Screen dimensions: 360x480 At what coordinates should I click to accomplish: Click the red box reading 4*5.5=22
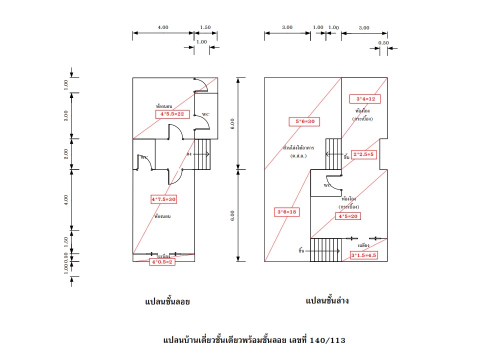[x=172, y=114]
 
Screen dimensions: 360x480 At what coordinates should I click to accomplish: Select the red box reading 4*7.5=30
[x=164, y=199]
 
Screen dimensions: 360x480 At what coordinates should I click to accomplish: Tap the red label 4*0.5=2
[x=162, y=261]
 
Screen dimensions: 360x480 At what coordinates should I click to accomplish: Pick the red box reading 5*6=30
[x=304, y=121]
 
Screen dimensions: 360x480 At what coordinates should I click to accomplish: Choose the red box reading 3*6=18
[x=287, y=212]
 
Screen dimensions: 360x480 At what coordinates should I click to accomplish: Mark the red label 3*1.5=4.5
[x=363, y=255]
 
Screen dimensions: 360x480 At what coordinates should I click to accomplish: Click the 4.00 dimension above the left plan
[x=163, y=27]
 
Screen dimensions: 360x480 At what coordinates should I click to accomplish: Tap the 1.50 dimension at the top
[x=205, y=27]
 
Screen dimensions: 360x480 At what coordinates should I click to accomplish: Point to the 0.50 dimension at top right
[x=383, y=42]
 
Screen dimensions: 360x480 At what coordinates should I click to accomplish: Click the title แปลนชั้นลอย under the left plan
[x=167, y=301]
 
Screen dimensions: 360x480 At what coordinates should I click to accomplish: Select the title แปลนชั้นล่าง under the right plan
[x=327, y=301]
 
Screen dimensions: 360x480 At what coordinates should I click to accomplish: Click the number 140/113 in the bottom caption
[x=327, y=340]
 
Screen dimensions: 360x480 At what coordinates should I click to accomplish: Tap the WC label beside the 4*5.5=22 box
[x=205, y=114]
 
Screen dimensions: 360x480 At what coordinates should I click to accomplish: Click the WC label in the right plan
[x=327, y=185]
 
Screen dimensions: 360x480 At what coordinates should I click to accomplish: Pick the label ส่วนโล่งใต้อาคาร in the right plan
[x=298, y=148]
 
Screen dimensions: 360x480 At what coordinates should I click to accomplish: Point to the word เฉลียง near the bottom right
[x=364, y=245]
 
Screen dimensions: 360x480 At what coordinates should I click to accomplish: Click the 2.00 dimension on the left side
[x=66, y=154]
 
